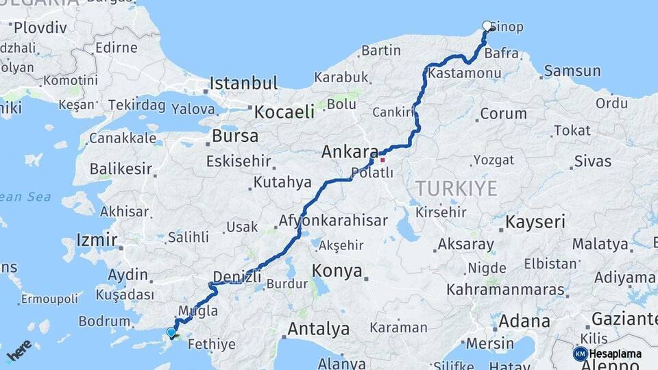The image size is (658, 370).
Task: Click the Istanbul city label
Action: coord(243,84)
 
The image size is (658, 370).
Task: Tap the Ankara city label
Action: coord(350,151)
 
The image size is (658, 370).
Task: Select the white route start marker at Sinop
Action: coord(487,26)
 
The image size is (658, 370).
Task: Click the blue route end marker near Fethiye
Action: coord(171,332)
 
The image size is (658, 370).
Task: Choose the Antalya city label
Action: coord(318,329)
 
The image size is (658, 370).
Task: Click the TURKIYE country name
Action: coord(456,188)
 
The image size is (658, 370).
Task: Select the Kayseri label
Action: coord(535,222)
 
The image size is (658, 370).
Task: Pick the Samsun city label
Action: coord(572,71)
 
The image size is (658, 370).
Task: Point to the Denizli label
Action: coord(237,277)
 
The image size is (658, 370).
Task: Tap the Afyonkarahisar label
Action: coord(333,221)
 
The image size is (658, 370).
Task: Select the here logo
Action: coord(19,350)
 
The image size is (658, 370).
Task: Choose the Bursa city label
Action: coord(235,136)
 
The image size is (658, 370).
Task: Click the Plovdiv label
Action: coord(40,28)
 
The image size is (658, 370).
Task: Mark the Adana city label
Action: coord(524,321)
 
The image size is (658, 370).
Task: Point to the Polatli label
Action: coord(371,173)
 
